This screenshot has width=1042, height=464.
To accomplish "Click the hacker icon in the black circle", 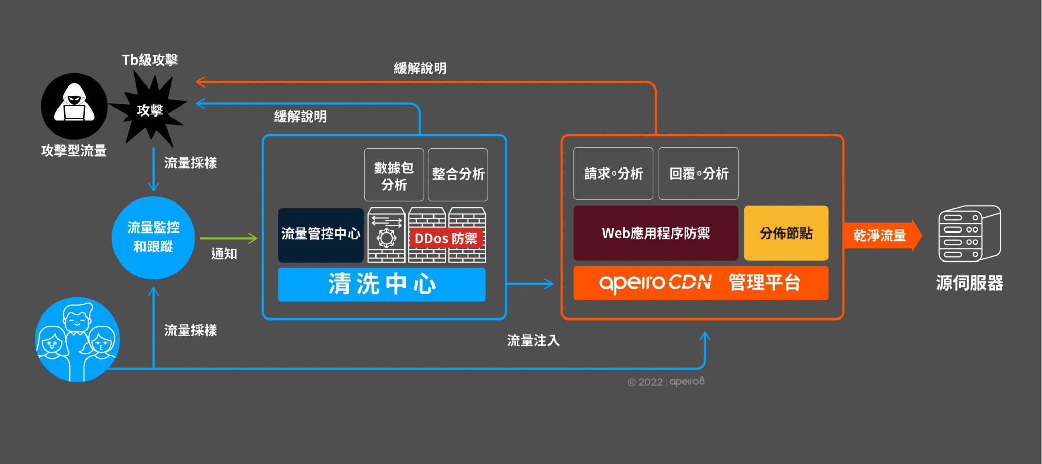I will (74, 106).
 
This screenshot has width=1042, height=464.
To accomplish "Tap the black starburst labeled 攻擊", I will (149, 110).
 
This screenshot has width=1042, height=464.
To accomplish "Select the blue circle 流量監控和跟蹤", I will (153, 238).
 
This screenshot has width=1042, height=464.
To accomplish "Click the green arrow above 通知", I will (228, 238).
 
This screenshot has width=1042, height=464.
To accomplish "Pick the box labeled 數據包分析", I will (394, 175).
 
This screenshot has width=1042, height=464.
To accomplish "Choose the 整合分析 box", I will (458, 175).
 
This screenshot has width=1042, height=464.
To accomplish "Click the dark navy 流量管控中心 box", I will (321, 235).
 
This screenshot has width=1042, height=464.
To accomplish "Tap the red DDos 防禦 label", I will (446, 238).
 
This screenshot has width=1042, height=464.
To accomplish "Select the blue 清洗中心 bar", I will (382, 284).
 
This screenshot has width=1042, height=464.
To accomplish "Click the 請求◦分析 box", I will (613, 174).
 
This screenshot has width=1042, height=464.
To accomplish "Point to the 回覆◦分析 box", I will (698, 174).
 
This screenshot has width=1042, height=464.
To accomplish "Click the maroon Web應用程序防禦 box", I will (655, 234).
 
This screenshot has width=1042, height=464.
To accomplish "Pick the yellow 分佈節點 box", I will (786, 234).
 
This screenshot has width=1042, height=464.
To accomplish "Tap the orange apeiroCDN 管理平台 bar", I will (701, 283).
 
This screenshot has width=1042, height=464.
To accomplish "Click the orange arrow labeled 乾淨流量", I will (881, 236).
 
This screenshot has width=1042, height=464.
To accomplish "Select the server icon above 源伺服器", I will (969, 234).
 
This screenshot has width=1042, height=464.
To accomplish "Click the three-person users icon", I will (77, 339).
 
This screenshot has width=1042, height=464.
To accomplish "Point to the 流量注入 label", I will (533, 340).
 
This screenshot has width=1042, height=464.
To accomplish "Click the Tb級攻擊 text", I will (150, 60).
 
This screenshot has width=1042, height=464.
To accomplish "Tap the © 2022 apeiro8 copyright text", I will (665, 382).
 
